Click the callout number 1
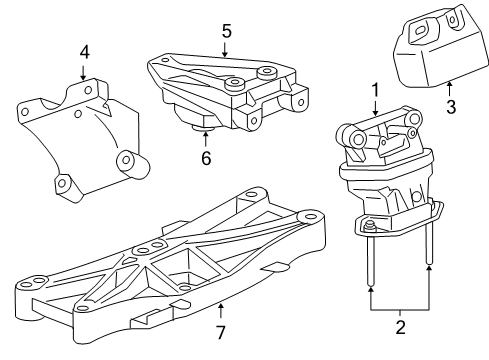tap(376, 90)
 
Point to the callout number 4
tap(84, 51)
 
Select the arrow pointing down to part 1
tap(376, 110)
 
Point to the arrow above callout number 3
tap(449, 85)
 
